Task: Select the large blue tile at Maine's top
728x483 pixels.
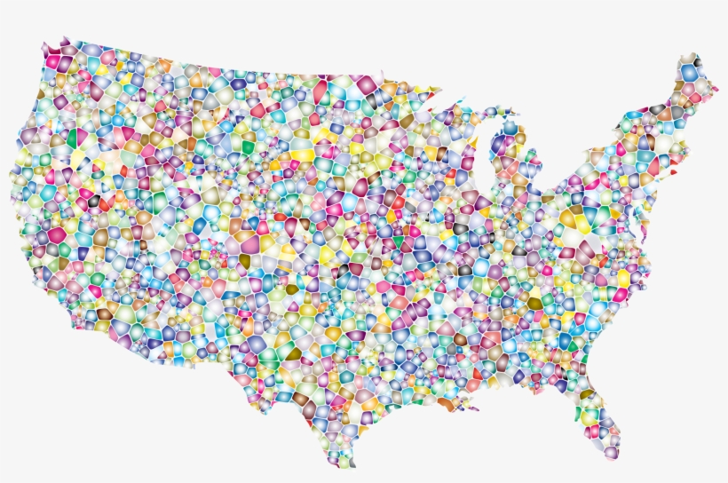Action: pyautogui.click(x=689, y=72)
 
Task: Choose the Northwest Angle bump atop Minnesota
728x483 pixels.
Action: pyautogui.click(x=372, y=75)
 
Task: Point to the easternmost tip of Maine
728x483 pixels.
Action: pyautogui.click(x=716, y=88)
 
